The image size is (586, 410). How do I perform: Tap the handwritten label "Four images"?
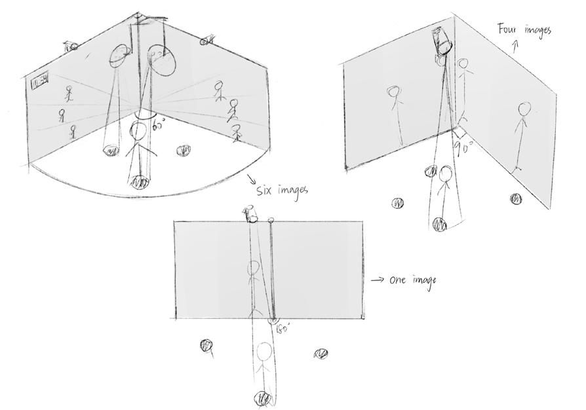(524, 29)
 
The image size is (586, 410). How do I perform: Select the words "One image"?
(412, 280)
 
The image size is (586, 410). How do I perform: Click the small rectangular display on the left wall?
(40, 82)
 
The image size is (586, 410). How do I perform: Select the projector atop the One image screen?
(250, 214)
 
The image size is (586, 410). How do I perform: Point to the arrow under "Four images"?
(515, 46)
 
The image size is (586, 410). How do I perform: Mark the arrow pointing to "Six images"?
(251, 179)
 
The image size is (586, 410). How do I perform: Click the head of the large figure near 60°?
(138, 132)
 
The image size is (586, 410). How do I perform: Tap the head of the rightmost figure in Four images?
(523, 109)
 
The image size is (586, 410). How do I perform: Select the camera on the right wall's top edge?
(208, 41)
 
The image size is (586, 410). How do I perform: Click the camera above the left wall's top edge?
(71, 46)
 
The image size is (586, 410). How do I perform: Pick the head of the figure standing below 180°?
(264, 352)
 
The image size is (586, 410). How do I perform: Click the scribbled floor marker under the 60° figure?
(140, 183)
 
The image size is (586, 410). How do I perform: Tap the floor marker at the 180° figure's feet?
(263, 398)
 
